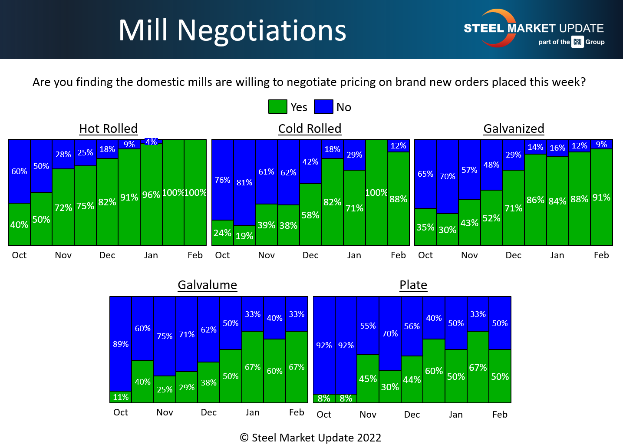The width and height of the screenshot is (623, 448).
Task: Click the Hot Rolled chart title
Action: coord(108,128)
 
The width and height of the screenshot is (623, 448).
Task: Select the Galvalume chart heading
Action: coord(207,285)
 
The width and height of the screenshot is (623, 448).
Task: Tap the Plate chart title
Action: coord(413,285)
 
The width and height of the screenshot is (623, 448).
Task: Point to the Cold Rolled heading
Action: coord(310,128)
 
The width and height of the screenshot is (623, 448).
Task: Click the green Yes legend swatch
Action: coord(277,107)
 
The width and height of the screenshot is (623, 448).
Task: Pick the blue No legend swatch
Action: coord(323,107)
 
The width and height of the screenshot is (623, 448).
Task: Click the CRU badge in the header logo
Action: coord(577,42)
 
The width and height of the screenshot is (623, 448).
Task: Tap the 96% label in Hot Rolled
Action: coord(151,194)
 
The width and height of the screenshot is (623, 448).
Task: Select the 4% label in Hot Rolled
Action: coord(151,142)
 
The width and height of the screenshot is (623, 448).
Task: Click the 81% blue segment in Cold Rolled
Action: coord(244,182)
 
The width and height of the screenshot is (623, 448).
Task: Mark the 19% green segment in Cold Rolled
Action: coord(244,236)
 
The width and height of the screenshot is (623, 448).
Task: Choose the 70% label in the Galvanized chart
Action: coord(447,176)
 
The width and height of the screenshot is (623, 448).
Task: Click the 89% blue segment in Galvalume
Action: coord(121,344)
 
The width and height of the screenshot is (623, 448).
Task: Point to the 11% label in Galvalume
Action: coord(121,397)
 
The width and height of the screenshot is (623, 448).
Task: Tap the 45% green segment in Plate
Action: coord(368,379)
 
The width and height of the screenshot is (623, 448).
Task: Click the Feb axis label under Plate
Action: coord(500,415)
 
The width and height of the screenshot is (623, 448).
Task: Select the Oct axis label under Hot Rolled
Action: coord(19,255)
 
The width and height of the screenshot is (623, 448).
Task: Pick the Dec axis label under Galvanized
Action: coord(513,255)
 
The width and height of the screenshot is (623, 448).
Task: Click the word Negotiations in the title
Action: coord(261,30)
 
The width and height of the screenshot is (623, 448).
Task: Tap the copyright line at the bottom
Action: coord(310,438)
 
